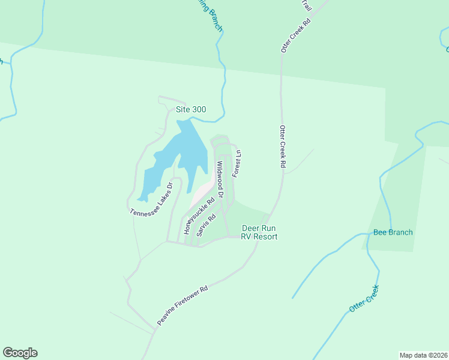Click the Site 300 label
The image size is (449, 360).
pyautogui.click(x=190, y=110)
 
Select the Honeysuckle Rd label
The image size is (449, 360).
pyautogui.click(x=200, y=217)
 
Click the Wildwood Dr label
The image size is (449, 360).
pyautogui.click(x=220, y=180)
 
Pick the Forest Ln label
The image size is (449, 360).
pyautogui.click(x=237, y=163)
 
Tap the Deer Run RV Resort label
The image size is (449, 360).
pyautogui.click(x=259, y=232)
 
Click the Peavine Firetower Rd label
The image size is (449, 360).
pyautogui.click(x=182, y=306)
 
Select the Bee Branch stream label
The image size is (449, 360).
pyautogui.click(x=393, y=232)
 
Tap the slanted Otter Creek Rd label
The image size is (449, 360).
pyautogui.click(x=297, y=35)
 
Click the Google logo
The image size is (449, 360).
pyautogui.click(x=20, y=353)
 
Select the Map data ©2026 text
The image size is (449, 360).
pyautogui.click(x=423, y=355)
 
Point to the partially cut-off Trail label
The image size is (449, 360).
pyautogui.click(x=306, y=6)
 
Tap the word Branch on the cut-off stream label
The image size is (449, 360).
pyautogui.click(x=213, y=20)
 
